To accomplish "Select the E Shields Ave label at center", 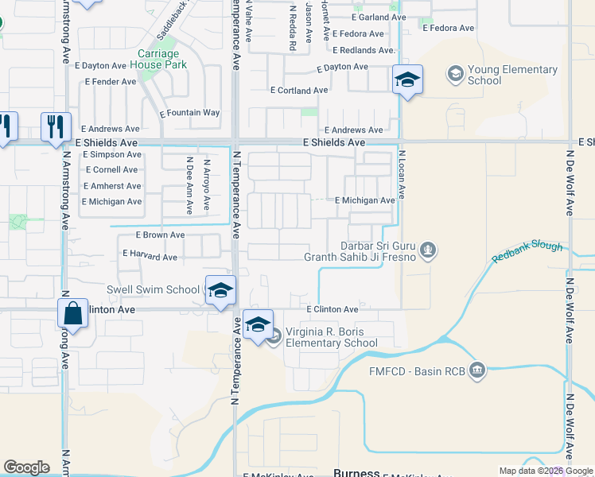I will point(334,142).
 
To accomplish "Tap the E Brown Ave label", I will point(160,235).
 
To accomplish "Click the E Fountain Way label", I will point(189,113).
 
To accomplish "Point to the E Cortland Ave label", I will point(299,91).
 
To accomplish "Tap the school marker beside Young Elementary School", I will point(407,80).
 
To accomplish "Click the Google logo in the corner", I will point(26,467).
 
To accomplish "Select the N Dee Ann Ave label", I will point(189,185).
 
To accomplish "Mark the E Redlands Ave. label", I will point(364,50).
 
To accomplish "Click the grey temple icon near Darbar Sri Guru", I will point(428,251).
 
